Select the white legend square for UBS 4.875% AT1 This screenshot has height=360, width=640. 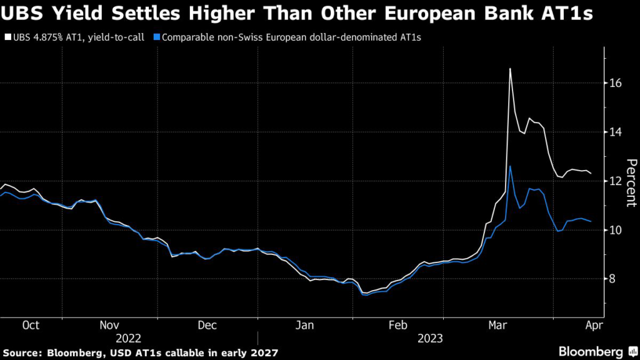[x=7, y=37]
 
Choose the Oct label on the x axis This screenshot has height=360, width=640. [x=30, y=325]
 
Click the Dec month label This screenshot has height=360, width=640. [x=206, y=325]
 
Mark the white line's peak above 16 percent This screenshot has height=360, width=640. [x=510, y=69]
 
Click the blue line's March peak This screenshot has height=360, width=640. [x=510, y=166]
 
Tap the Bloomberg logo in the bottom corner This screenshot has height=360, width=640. [x=594, y=352]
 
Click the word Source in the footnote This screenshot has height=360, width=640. [x=23, y=352]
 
